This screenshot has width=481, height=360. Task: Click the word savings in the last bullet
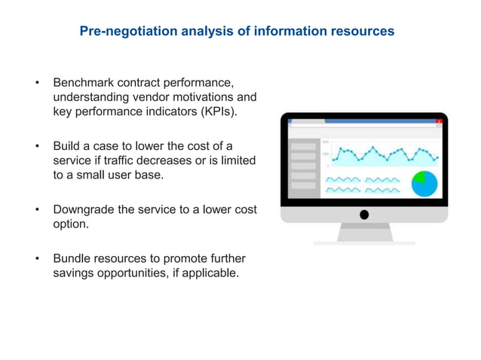(x=74, y=273)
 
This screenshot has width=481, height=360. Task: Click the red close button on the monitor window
(x=439, y=121)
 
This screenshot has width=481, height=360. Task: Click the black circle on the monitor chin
(x=364, y=215)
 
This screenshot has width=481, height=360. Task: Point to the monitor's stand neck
(x=364, y=232)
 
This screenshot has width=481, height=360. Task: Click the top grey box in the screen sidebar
(x=303, y=145)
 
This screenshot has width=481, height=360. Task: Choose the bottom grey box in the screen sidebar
(x=303, y=186)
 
